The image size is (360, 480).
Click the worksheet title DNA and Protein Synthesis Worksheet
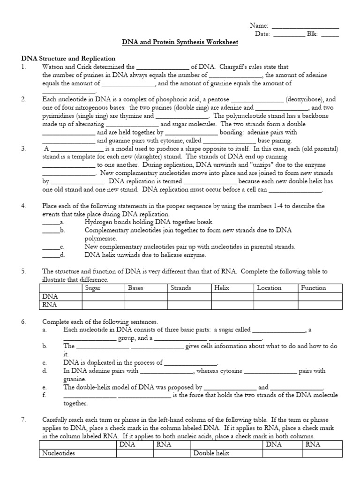[180, 42]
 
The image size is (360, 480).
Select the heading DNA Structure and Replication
[68, 58]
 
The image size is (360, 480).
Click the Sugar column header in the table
[93, 288]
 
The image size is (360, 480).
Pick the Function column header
[313, 288]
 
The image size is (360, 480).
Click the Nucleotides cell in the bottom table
[59, 453]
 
